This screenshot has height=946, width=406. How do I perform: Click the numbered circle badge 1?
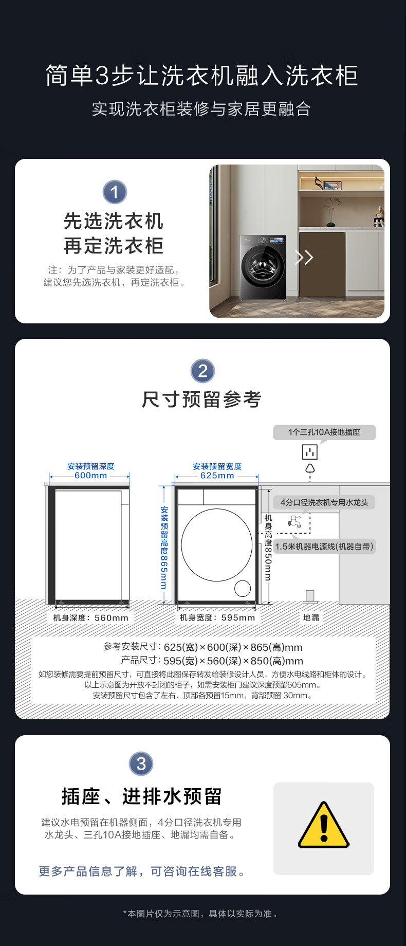(x=115, y=192)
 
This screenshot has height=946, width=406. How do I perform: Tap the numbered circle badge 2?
(x=202, y=371)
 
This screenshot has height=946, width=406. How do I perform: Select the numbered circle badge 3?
(x=141, y=763)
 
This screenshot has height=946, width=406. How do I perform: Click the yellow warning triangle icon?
(x=323, y=826)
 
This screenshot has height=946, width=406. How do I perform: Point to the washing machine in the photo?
(x=263, y=267)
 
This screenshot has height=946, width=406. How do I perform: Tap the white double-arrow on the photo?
(x=304, y=257)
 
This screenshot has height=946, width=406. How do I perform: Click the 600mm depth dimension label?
(x=91, y=476)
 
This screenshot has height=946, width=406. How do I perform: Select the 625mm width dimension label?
(x=217, y=476)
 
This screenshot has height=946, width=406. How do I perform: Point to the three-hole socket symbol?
(x=310, y=452)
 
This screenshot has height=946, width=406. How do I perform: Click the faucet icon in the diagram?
(x=294, y=521)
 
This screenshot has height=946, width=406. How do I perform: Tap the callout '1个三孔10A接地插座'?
(x=324, y=432)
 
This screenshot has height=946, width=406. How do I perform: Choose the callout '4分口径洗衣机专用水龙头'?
(x=324, y=502)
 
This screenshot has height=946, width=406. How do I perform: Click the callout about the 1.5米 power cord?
(x=324, y=546)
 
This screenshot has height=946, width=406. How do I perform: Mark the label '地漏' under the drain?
(x=311, y=617)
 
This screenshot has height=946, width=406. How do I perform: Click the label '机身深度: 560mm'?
(x=91, y=617)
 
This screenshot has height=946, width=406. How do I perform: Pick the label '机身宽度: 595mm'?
(x=217, y=617)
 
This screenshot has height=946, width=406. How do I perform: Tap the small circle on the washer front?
(x=243, y=588)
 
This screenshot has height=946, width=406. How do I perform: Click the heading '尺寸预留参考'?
(x=202, y=399)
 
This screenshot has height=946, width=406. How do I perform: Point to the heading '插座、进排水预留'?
(x=141, y=796)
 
